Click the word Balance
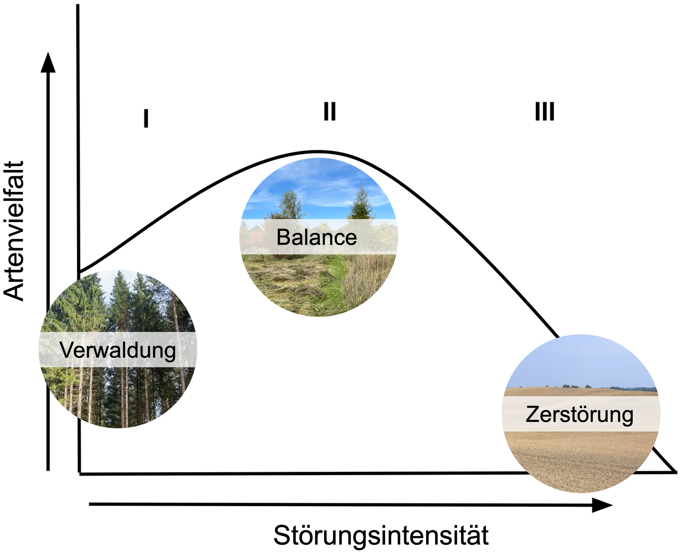tap(316, 237)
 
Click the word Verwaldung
tap(118, 350)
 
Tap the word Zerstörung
tap(580, 415)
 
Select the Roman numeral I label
tap(146, 118)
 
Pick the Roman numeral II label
tap(329, 111)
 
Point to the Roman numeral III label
tap(545, 111)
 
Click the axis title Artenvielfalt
tap(14, 231)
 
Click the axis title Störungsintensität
tap(381, 535)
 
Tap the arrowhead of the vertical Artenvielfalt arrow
tap(48, 62)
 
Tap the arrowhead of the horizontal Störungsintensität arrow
tap(602, 505)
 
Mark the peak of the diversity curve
tap(317, 151)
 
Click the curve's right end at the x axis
tap(676, 472)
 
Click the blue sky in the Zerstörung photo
tap(581, 360)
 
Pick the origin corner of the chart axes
tap(79, 473)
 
